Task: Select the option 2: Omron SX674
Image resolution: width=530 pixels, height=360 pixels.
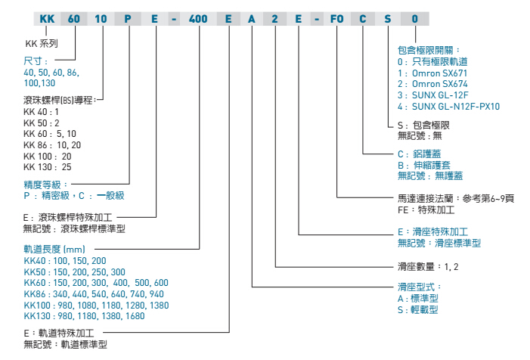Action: click(433, 85)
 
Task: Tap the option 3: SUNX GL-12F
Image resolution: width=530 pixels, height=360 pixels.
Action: click(437, 96)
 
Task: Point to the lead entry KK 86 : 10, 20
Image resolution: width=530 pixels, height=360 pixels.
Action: click(52, 144)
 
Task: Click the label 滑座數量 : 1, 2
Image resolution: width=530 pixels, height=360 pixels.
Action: click(429, 266)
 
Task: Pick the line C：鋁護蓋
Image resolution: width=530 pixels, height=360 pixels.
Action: click(418, 154)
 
